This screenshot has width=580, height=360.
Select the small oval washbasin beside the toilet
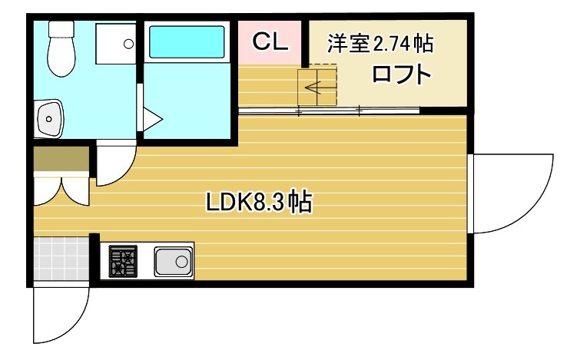point(49,119)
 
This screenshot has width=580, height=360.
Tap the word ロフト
point(400,75)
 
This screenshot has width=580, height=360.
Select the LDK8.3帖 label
point(259,203)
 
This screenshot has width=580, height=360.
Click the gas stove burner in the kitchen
point(122,262)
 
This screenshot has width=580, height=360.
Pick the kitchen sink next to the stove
point(173,262)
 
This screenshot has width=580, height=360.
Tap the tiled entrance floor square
point(61,261)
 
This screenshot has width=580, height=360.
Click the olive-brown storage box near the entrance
point(61,161)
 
